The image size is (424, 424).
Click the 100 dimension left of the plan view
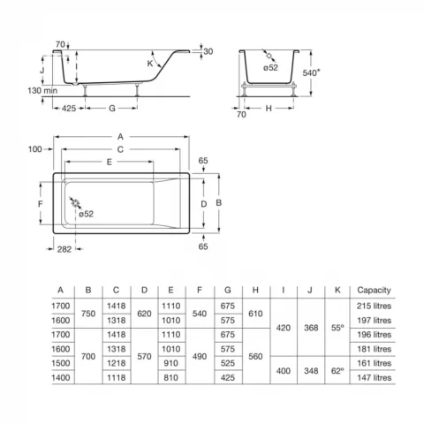34,148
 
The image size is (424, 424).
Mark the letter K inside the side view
150,64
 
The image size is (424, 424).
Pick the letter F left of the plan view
39,203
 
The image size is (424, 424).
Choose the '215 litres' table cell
371,306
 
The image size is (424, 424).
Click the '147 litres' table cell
371,376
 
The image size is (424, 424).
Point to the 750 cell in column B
87,313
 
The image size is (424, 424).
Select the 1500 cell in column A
59,362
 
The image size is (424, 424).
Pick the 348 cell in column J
311,369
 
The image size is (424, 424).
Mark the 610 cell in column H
254,313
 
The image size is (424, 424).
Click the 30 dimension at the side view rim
208,51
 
